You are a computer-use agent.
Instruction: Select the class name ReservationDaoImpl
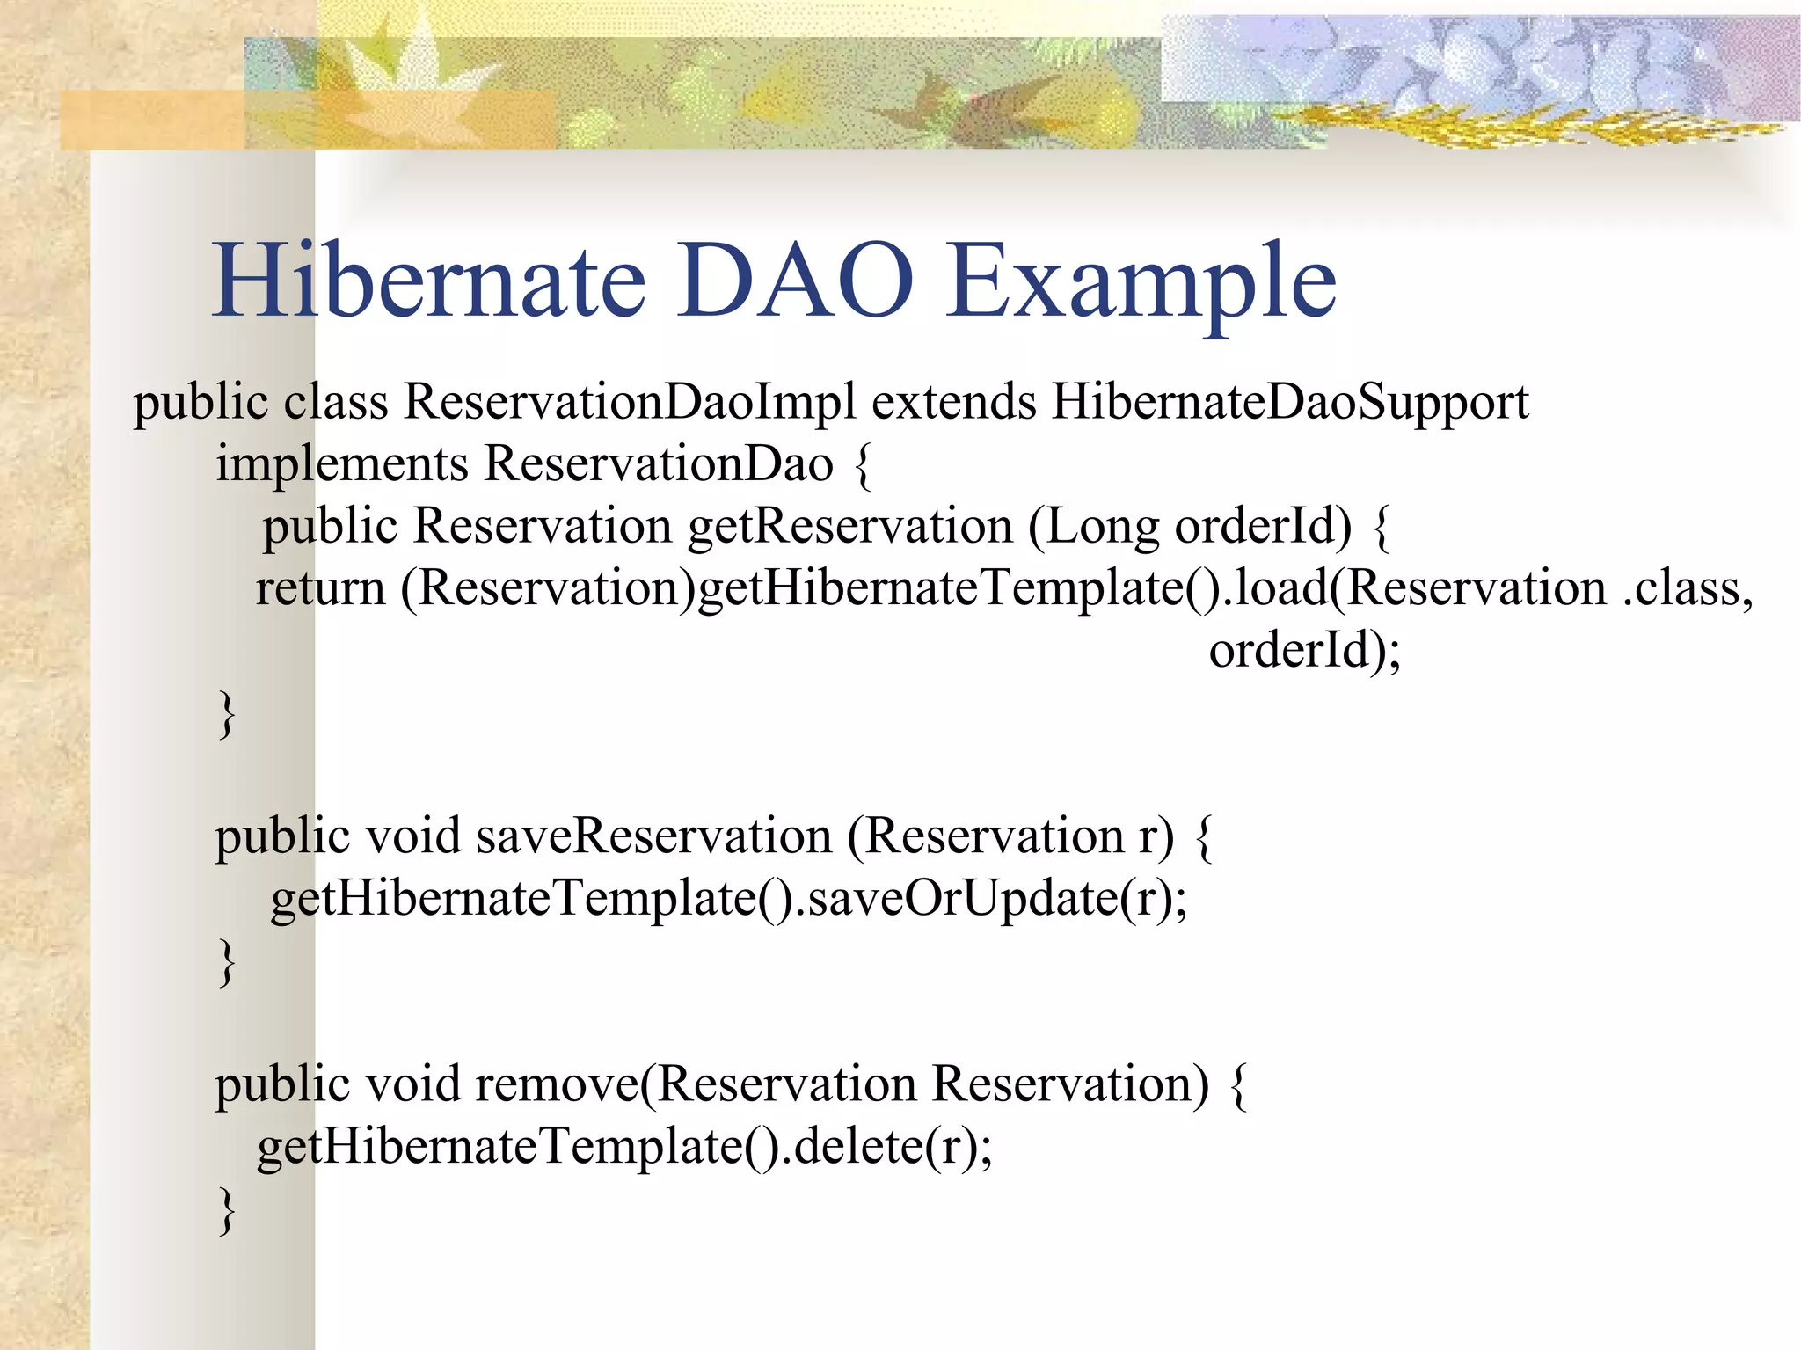[x=629, y=403]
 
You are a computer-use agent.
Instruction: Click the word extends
[x=953, y=403]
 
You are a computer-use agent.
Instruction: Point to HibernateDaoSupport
[x=1290, y=403]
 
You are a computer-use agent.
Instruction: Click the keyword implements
[x=342, y=465]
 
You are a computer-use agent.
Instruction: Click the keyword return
[x=320, y=589]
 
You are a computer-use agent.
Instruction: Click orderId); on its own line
[x=1304, y=652]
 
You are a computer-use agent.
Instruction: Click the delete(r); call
[x=892, y=1147]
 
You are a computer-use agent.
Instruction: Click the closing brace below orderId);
[x=227, y=714]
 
